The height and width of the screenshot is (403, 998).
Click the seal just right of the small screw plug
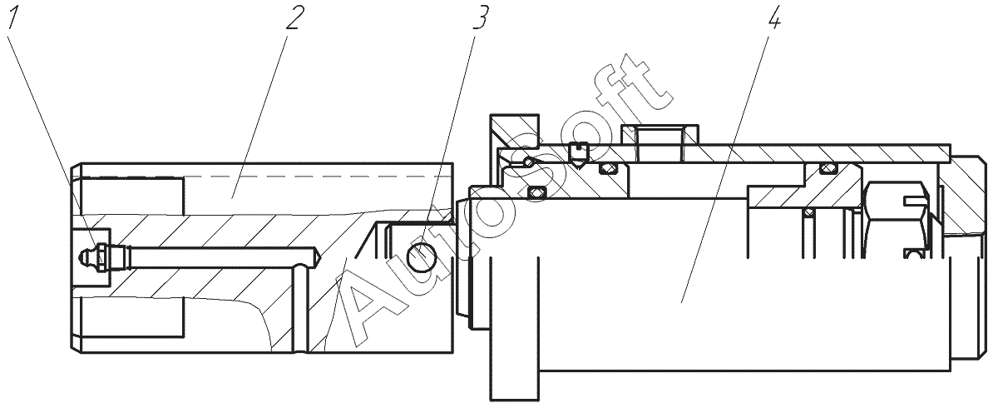coord(609,169)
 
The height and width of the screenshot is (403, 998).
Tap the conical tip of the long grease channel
coord(319,257)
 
